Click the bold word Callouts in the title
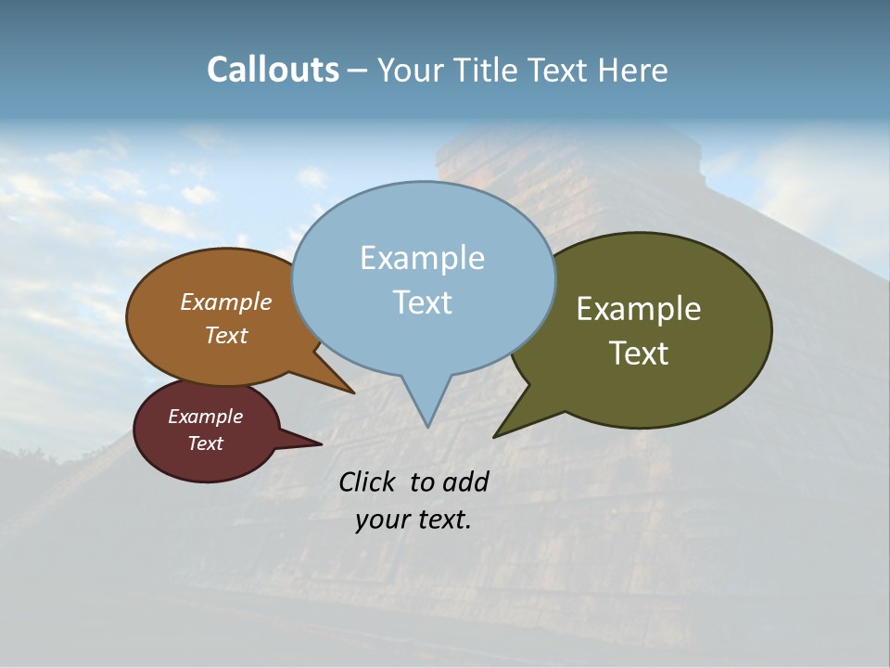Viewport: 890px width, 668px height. (x=273, y=70)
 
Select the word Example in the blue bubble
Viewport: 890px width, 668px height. (x=422, y=258)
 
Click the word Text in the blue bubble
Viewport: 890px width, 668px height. (x=422, y=302)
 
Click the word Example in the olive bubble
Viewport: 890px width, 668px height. (x=639, y=309)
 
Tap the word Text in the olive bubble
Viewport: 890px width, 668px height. (x=639, y=353)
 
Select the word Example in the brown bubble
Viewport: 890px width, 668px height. (x=226, y=302)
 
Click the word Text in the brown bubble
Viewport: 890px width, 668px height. (x=226, y=335)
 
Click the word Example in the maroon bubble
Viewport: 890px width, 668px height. (x=205, y=417)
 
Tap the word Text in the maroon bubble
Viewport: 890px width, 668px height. (x=205, y=443)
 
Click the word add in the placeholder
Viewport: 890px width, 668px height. (x=464, y=482)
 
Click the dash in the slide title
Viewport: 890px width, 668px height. (x=358, y=70)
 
